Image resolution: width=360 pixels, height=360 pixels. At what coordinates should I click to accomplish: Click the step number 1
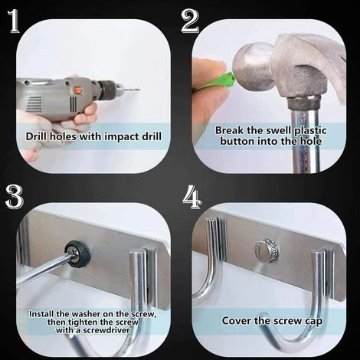pos(15,21)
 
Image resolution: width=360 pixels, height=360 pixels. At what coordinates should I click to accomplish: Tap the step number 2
pos(190,21)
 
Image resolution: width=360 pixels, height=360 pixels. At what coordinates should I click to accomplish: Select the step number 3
pos(15,197)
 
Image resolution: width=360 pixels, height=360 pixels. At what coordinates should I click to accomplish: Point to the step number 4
pos(192,197)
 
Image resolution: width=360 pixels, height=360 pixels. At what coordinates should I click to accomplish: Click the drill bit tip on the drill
pos(138,90)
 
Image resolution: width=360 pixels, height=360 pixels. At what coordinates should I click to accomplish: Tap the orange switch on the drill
pos(77,90)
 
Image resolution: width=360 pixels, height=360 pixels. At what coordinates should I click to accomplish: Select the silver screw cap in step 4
pos(267,249)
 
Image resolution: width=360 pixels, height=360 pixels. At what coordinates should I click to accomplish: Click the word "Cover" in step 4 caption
pos(236,321)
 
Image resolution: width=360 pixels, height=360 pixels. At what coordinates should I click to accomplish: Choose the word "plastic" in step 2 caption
pos(310,131)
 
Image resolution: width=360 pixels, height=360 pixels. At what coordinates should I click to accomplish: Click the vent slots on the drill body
pos(34,104)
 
